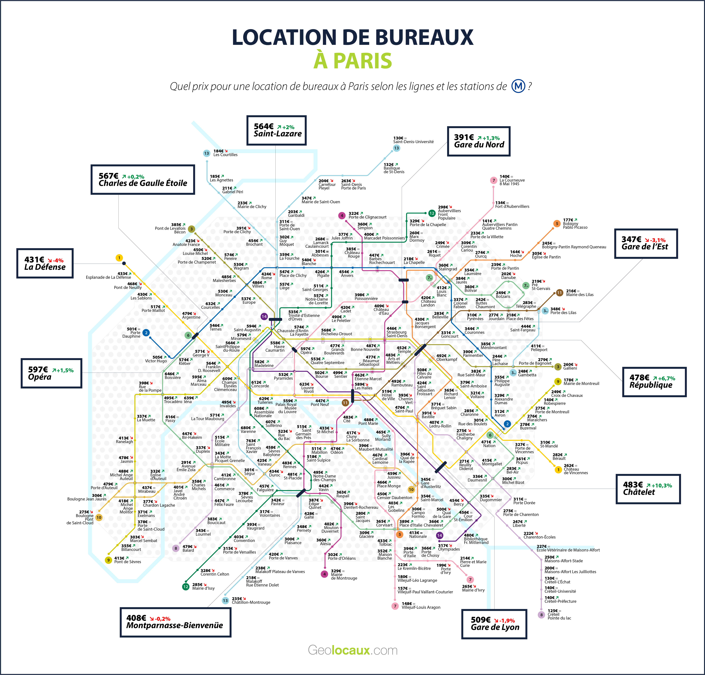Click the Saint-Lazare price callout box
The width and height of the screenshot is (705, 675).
coord(276,130)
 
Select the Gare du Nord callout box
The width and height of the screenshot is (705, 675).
coord(479,141)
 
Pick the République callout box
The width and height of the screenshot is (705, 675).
coord(654,382)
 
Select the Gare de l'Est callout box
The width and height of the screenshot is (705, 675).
coord(646,244)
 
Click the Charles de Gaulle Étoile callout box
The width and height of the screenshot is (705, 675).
coord(143,180)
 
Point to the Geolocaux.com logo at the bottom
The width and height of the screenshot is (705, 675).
coord(352,650)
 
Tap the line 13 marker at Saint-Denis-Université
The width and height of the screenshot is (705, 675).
coord(396,148)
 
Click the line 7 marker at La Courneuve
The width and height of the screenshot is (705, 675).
coord(493,180)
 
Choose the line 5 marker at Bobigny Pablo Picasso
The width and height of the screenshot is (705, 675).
coord(557,223)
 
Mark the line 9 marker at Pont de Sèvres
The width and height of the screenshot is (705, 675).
coord(108,560)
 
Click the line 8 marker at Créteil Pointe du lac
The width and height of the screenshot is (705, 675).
coord(541,615)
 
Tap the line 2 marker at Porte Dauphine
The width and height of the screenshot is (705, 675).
coord(146,333)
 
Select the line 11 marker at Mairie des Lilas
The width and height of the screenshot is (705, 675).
coord(559,293)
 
